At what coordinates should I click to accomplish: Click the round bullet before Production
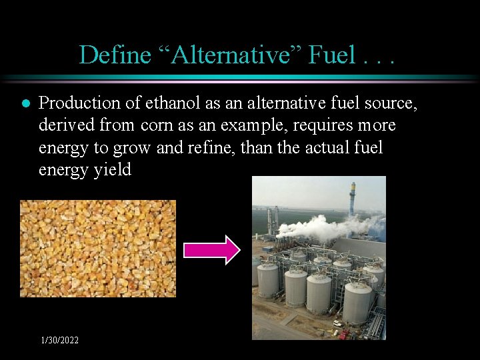click(25, 104)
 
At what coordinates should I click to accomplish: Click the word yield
click(112, 170)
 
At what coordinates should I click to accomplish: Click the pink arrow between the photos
click(211, 249)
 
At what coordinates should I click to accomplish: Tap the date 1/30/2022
click(59, 341)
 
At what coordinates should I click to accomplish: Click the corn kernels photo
click(98, 248)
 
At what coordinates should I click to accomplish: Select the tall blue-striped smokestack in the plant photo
click(352, 199)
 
